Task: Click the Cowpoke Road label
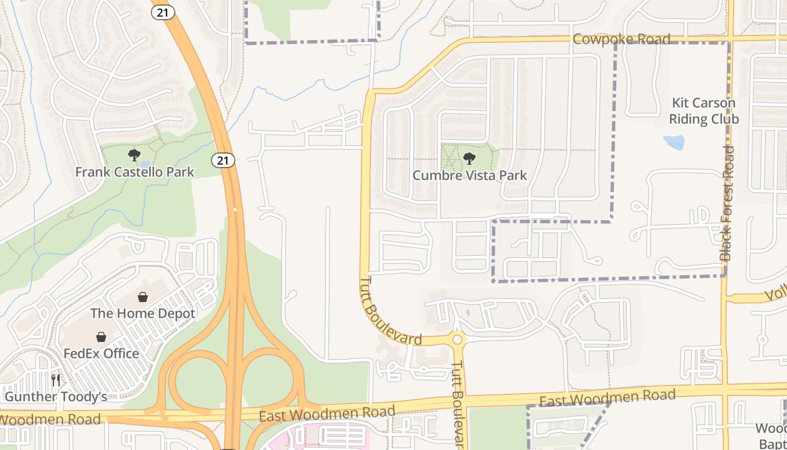621,39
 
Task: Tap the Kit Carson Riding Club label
704,111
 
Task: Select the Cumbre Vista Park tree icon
469,159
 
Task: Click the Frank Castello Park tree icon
134,155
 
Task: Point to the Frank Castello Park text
135,172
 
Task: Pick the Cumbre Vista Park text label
470,175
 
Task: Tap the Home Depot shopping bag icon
143,297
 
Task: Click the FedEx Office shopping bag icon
101,337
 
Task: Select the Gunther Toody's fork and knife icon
55,380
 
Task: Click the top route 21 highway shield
162,12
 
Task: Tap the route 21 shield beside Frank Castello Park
223,160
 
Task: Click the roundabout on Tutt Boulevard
458,339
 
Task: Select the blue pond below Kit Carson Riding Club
674,142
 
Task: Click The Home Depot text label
143,313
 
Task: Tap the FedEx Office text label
101,353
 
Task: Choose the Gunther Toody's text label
56,397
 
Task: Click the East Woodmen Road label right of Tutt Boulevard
607,398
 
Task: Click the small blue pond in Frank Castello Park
146,165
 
